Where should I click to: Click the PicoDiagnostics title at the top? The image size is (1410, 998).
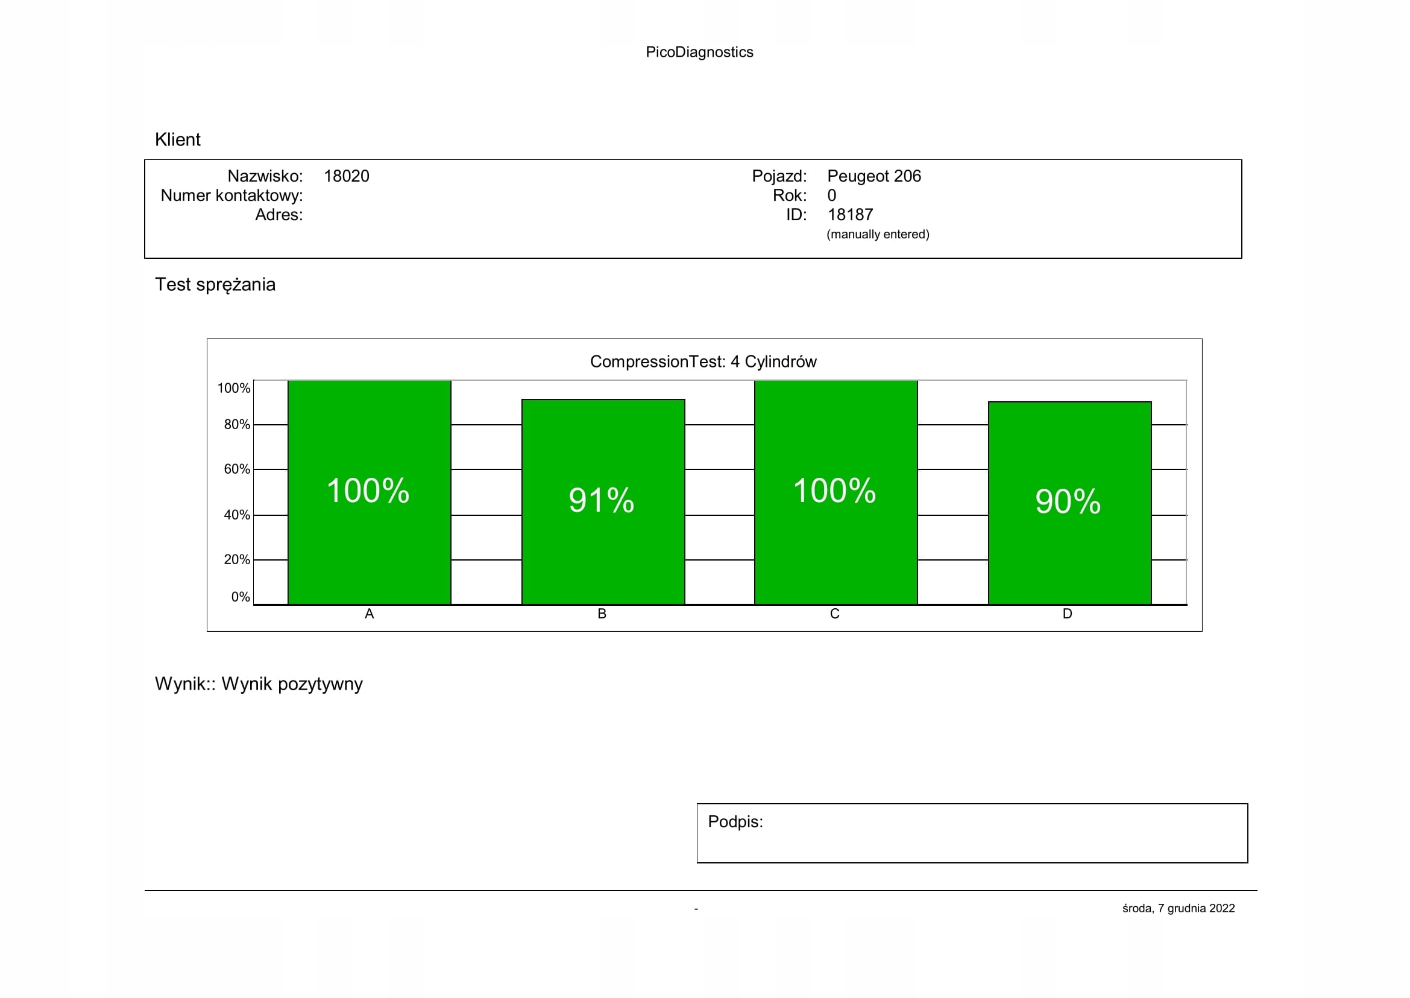tap(699, 52)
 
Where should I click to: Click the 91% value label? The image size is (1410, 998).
tap(601, 500)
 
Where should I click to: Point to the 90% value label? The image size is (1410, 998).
tap(1068, 501)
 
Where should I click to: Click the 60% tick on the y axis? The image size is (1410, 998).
tap(237, 469)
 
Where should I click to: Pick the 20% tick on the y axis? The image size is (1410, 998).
tap(237, 560)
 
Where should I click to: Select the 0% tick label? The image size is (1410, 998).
tap(240, 597)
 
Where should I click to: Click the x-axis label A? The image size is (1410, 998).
tap(369, 614)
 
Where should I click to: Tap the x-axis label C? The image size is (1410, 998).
tap(834, 614)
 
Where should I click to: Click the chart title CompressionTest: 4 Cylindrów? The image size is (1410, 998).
tap(703, 361)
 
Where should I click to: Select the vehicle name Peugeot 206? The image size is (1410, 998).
tap(874, 176)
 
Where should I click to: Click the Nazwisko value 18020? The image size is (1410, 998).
tap(347, 176)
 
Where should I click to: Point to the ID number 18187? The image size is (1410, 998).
tap(850, 215)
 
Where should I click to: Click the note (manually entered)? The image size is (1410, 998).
tap(878, 234)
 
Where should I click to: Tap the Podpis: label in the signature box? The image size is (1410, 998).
tap(735, 822)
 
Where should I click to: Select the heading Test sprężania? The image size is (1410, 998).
tap(215, 285)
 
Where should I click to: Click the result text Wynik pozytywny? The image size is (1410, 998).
tap(292, 684)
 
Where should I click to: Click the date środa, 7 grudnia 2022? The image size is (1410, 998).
tap(1178, 908)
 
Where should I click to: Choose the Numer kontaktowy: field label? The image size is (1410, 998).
tap(231, 195)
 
